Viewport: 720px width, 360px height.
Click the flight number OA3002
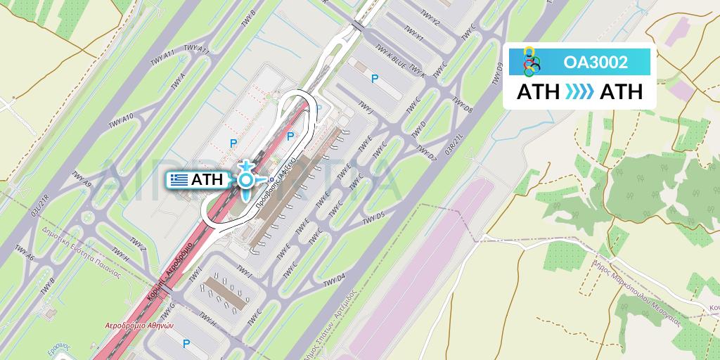tap(596, 63)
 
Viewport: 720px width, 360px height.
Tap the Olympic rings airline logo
tap(532, 62)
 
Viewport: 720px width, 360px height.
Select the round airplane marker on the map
tap(245, 180)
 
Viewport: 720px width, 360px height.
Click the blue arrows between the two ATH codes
tap(580, 92)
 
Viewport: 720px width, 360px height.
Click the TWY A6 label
tap(26, 262)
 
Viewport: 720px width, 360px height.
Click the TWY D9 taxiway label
tap(499, 73)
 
